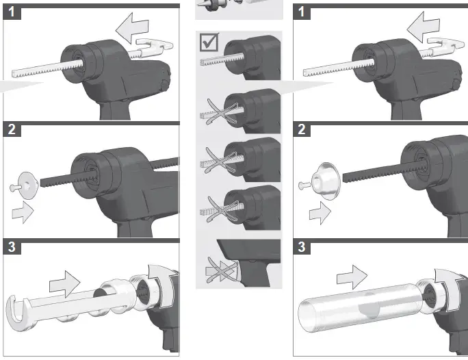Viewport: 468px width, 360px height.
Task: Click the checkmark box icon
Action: [x=209, y=43]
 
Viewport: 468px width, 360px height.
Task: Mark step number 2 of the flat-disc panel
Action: [x=12, y=130]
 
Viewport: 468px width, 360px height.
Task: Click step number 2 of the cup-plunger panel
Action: [x=301, y=130]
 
